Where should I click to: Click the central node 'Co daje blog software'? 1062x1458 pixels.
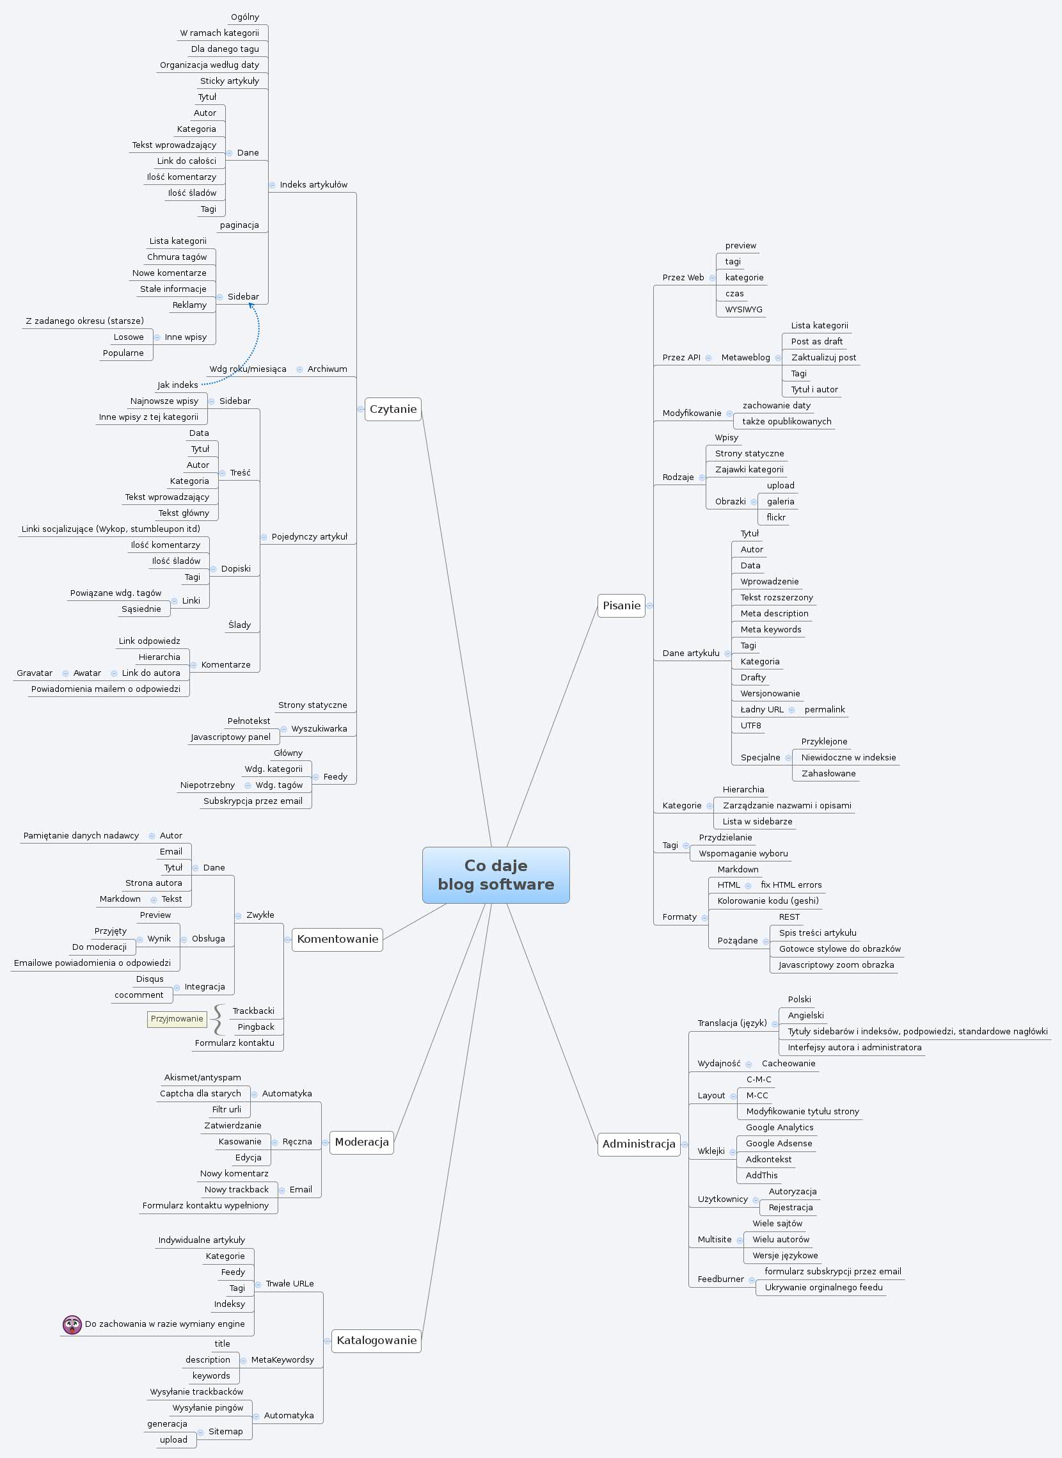pyautogui.click(x=496, y=875)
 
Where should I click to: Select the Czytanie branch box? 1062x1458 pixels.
pyautogui.click(x=393, y=409)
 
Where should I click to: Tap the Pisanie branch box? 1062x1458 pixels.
pyautogui.click(x=621, y=605)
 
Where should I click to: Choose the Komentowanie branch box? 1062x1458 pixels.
pyautogui.click(x=338, y=939)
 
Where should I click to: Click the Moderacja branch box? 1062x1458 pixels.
pyautogui.click(x=361, y=1142)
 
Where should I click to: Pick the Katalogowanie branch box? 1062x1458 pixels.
pyautogui.click(x=376, y=1340)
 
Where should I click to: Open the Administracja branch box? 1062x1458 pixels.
pyautogui.click(x=638, y=1144)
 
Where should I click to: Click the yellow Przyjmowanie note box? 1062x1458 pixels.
pyautogui.click(x=177, y=1019)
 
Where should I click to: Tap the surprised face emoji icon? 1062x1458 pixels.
pyautogui.click(x=72, y=1324)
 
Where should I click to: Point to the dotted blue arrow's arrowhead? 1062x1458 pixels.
pyautogui.click(x=251, y=305)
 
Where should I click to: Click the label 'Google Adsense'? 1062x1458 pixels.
pyautogui.click(x=779, y=1144)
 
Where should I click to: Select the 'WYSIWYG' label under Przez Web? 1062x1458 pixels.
pyautogui.click(x=744, y=309)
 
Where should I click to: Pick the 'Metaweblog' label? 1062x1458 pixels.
pyautogui.click(x=745, y=358)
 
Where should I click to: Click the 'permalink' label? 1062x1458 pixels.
pyautogui.click(x=824, y=709)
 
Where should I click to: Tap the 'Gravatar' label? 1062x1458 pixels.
pyautogui.click(x=35, y=673)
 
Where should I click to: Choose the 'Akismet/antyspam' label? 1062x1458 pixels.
pyautogui.click(x=203, y=1077)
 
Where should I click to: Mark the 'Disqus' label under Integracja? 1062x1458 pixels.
pyautogui.click(x=150, y=979)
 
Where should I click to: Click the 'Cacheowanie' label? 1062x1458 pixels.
pyautogui.click(x=788, y=1063)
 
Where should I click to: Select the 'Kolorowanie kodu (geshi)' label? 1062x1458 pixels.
pyautogui.click(x=768, y=901)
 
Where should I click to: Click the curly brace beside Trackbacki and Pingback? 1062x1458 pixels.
pyautogui.click(x=219, y=1020)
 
